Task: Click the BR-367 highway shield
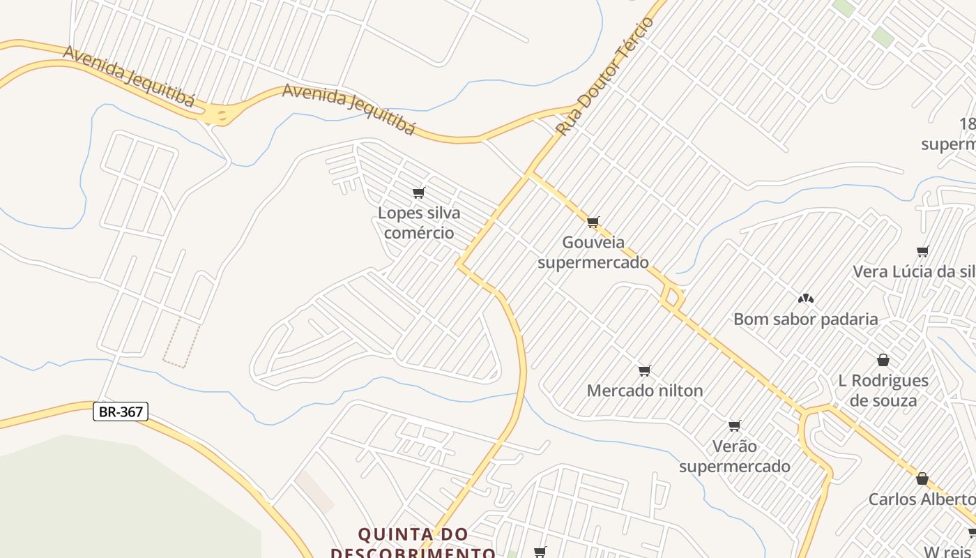coord(121,412)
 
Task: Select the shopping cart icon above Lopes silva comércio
coord(419,193)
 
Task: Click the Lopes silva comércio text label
coord(419,223)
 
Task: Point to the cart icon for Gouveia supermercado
coord(593,223)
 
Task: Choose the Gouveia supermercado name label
coord(593,252)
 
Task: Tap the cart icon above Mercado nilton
coord(645,370)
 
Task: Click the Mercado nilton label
coord(645,391)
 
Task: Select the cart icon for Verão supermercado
coord(735,425)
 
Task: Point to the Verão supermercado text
coord(735,455)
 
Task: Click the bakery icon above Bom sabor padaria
coord(806,299)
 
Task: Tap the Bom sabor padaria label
coord(806,319)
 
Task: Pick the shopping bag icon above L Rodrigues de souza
coord(883,360)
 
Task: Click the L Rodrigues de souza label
coord(883,390)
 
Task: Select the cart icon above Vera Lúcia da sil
coord(923,251)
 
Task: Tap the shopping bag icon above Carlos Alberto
coord(922,478)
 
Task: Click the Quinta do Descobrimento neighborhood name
coord(413,543)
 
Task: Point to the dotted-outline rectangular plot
coord(182,342)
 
